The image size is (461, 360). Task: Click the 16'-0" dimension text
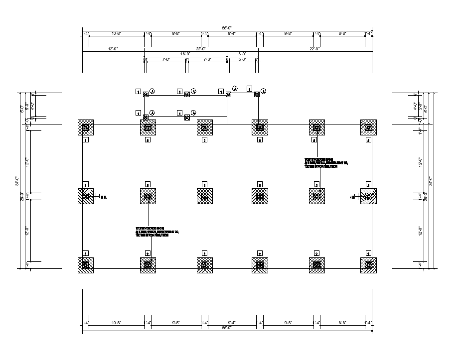(x=185, y=54)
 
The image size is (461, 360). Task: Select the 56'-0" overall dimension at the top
(x=227, y=28)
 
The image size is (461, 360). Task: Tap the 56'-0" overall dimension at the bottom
(x=227, y=328)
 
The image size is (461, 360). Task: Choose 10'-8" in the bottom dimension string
(x=117, y=323)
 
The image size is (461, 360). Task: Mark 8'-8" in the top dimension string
(x=342, y=33)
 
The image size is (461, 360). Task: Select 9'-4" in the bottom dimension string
(x=232, y=323)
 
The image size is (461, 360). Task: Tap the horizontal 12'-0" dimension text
(x=113, y=49)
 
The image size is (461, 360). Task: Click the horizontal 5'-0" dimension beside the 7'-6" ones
(x=242, y=59)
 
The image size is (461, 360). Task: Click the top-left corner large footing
(x=86, y=128)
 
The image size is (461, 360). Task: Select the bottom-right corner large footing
(x=368, y=265)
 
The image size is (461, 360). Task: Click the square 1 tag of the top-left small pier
(x=138, y=92)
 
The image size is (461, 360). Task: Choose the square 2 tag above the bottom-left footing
(x=86, y=253)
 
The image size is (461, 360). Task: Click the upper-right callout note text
(x=325, y=163)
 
